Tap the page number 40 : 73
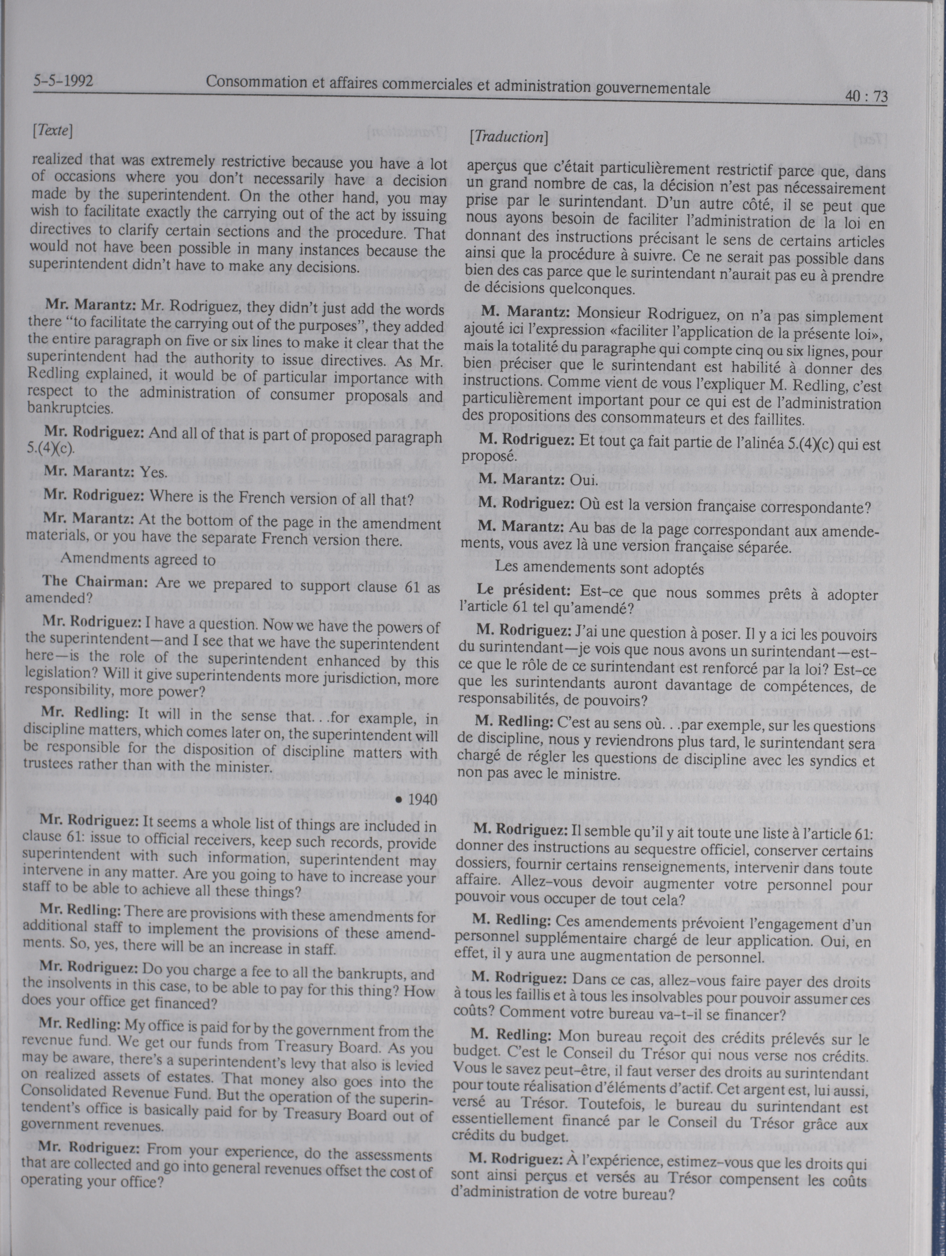coord(865,97)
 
